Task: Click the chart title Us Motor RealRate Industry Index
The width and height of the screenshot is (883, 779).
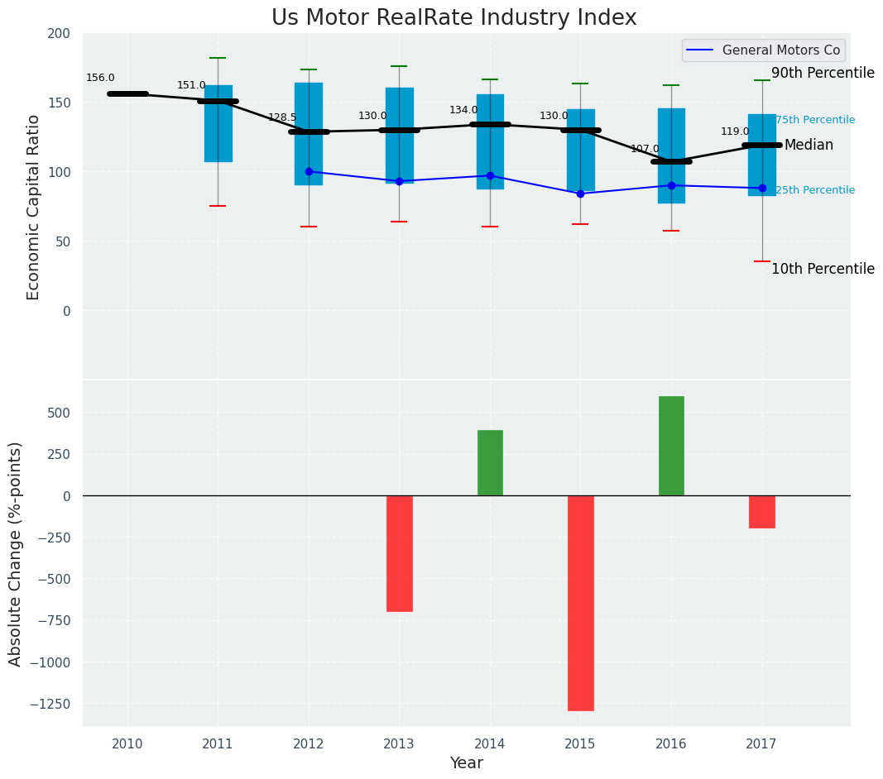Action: click(453, 18)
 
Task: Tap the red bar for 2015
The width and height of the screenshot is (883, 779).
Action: click(580, 603)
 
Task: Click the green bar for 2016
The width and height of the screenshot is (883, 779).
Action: click(671, 446)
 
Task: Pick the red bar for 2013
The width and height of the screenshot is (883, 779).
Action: click(399, 553)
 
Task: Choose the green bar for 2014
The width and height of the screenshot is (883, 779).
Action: click(490, 463)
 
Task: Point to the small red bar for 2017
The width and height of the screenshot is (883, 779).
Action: click(762, 512)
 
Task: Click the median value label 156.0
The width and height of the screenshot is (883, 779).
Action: click(100, 79)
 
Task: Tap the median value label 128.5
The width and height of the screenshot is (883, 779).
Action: click(282, 118)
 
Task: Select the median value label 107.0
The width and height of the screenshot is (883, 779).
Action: click(645, 150)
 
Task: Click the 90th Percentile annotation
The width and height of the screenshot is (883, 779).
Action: click(823, 74)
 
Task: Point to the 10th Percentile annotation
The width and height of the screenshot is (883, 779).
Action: click(823, 270)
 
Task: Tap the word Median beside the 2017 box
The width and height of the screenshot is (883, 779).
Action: click(809, 146)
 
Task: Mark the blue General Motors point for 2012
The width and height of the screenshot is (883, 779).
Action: click(309, 172)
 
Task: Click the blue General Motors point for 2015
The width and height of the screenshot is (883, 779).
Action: click(580, 194)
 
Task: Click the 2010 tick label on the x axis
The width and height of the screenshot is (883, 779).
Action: click(127, 744)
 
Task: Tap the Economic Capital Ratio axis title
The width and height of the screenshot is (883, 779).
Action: click(34, 207)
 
